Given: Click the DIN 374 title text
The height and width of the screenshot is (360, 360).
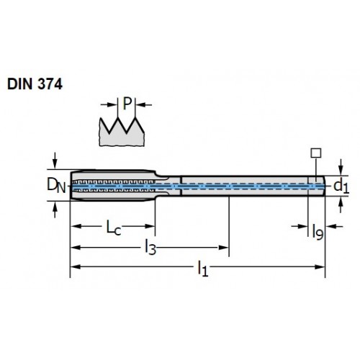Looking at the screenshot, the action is tap(35, 84).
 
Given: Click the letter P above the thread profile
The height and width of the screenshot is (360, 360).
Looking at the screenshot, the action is tap(127, 104).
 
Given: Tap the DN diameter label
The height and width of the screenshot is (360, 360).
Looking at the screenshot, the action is tap(56, 185).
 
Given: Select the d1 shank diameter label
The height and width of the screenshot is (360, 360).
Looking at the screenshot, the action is tap(341, 186).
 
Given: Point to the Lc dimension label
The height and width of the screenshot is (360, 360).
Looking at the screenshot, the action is tap(114, 228).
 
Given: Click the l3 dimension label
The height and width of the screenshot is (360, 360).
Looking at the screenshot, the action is tap(150, 248).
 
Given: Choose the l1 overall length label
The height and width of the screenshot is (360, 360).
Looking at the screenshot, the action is tap(202, 269).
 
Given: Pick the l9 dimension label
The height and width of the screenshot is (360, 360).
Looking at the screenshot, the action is tap(318, 233).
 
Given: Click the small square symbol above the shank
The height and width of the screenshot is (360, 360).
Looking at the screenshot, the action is tap(316, 153).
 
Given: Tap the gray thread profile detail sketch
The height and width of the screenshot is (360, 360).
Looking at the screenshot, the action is tap(122, 132).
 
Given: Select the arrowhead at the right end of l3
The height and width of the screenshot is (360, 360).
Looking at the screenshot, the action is tap(223, 248).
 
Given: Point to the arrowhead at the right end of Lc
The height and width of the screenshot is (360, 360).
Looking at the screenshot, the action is tap(150, 226).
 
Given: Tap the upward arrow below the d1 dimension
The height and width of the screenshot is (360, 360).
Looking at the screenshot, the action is tap(341, 205).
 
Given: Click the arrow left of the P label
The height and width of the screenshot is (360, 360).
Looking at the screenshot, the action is tap(109, 104).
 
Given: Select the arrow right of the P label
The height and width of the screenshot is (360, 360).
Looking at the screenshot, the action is tap(144, 104).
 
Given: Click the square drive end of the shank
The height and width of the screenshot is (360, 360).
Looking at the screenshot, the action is tap(316, 186).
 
